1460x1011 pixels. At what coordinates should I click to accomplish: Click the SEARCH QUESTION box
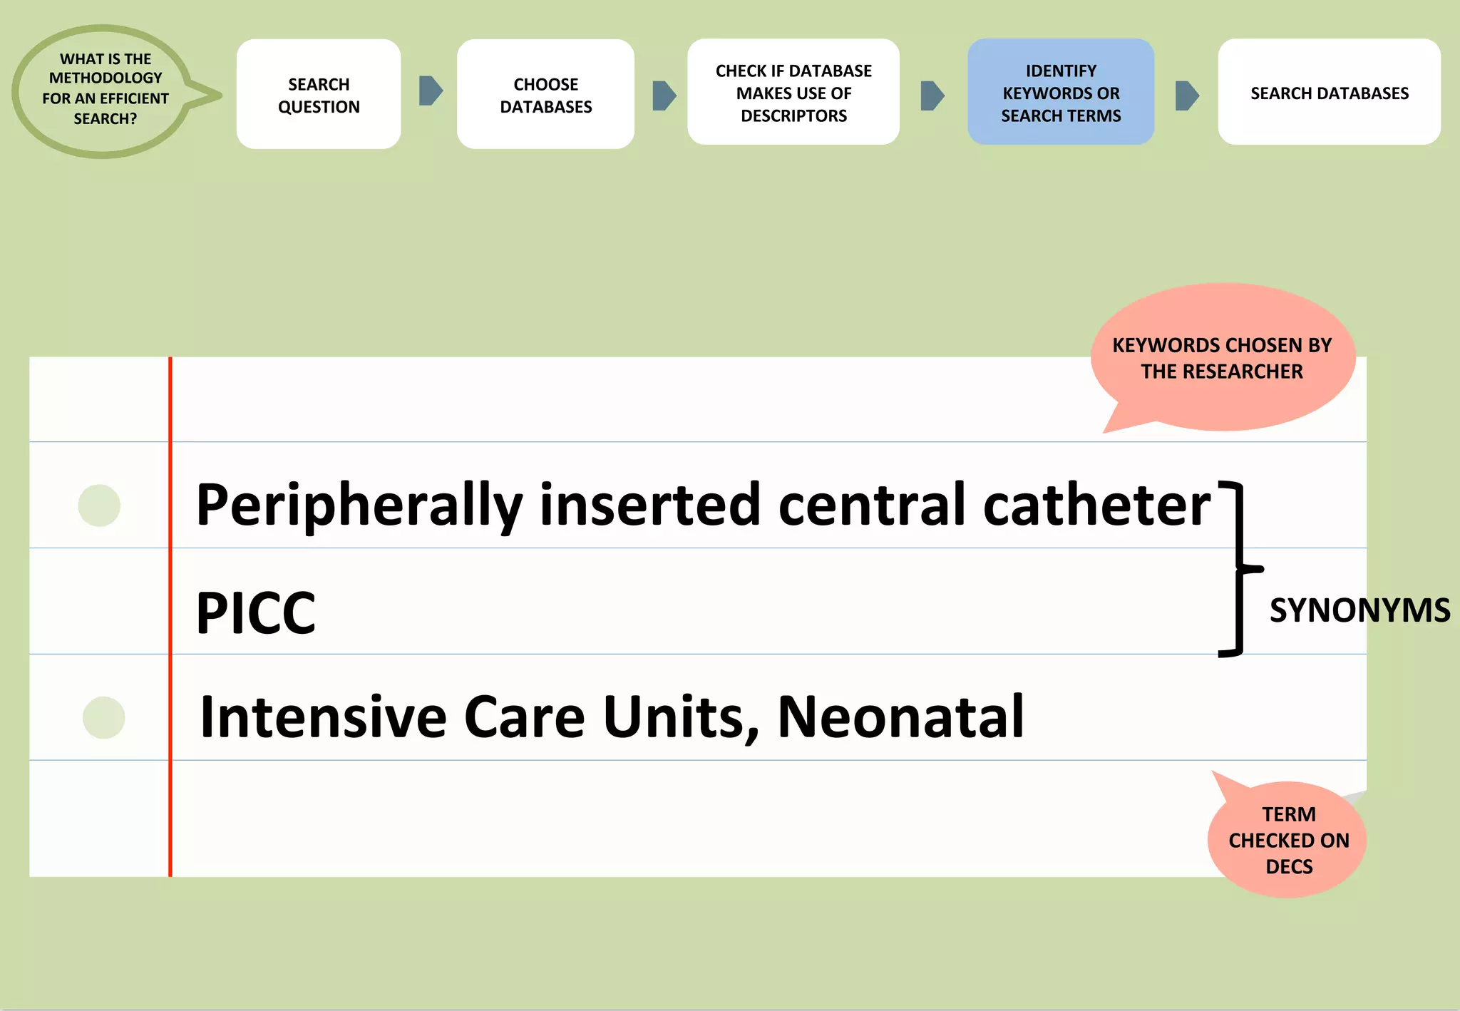click(x=319, y=94)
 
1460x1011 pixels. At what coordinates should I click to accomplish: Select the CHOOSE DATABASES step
click(x=545, y=94)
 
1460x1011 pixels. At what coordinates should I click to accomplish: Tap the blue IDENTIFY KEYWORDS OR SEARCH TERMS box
click(x=1061, y=93)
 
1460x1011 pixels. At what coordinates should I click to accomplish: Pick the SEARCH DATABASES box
click(x=1329, y=93)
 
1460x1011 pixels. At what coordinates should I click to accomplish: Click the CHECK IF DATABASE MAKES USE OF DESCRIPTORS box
click(x=793, y=93)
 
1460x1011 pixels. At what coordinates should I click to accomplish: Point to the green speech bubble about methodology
click(x=106, y=91)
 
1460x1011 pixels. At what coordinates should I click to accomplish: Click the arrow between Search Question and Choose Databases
click(x=431, y=91)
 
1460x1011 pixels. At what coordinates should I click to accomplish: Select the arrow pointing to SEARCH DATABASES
click(x=1186, y=96)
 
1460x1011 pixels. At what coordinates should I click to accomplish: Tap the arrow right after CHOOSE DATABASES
click(x=664, y=96)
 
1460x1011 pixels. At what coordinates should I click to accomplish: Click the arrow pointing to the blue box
click(x=932, y=96)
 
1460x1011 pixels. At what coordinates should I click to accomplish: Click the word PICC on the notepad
click(x=255, y=612)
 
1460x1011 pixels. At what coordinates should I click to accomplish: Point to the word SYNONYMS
click(x=1359, y=611)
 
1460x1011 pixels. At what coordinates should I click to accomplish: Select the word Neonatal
click(x=900, y=717)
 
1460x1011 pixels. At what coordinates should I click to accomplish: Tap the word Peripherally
click(x=359, y=505)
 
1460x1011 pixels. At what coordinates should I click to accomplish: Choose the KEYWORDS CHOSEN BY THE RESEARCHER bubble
click(x=1222, y=358)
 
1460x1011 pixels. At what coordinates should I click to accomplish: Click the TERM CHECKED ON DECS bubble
click(x=1288, y=840)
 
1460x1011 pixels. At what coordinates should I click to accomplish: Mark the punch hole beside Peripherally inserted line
click(x=99, y=505)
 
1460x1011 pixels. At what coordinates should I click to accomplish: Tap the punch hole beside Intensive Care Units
click(x=103, y=717)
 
